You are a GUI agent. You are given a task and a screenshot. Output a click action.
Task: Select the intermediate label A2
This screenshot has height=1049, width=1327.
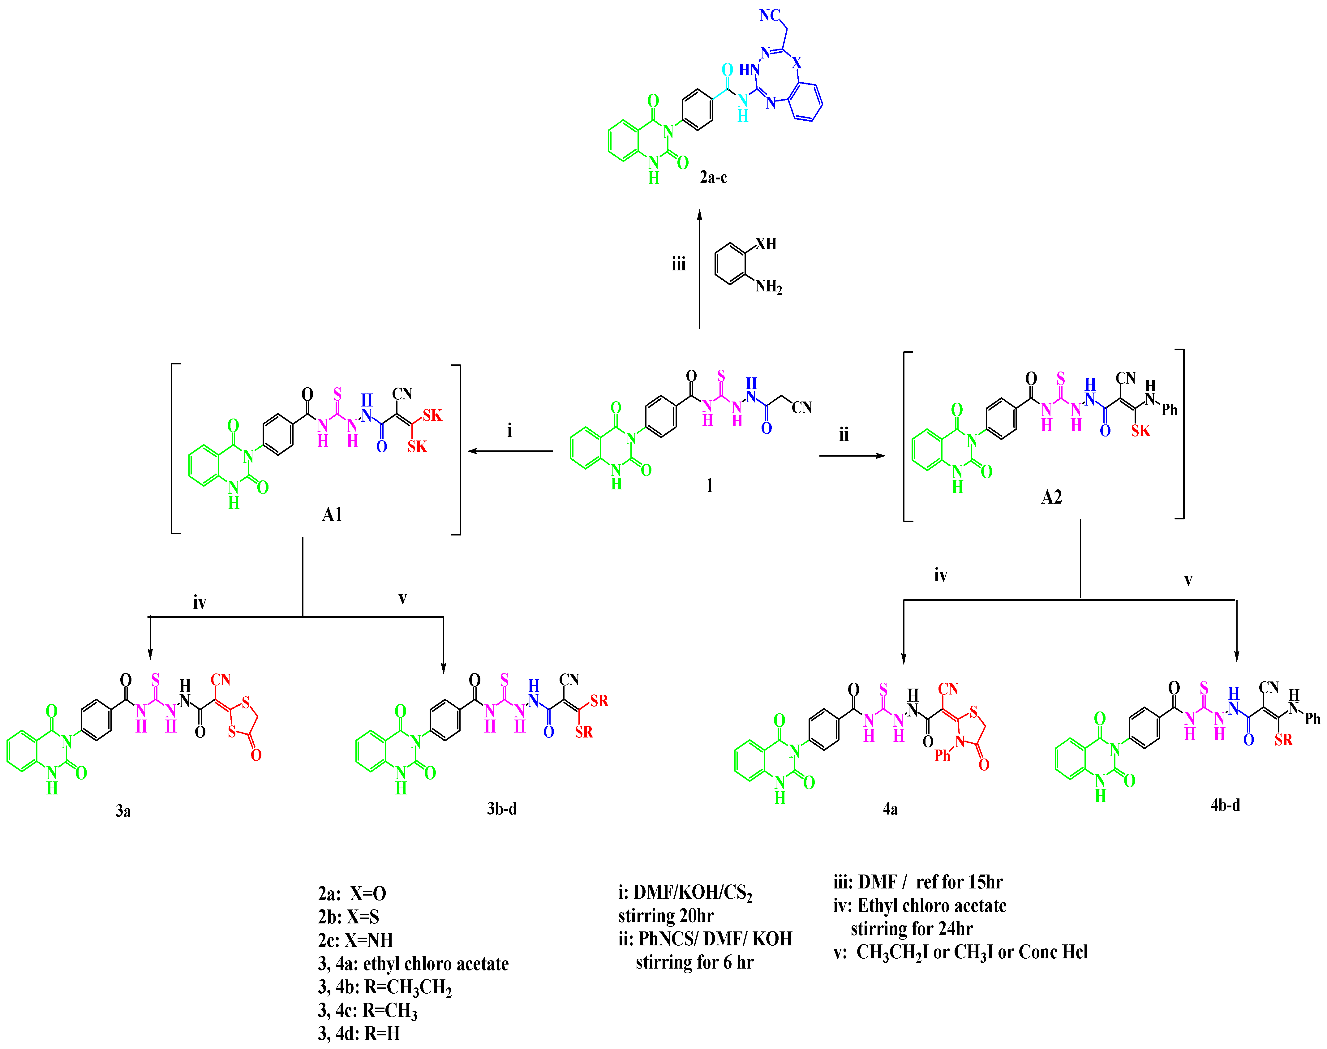tap(1051, 497)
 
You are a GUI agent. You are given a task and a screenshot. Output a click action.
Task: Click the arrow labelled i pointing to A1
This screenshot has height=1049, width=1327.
tap(510, 451)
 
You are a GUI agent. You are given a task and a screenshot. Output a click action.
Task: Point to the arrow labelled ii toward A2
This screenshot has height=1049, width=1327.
tap(852, 456)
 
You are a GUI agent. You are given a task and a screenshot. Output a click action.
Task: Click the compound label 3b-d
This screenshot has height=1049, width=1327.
tap(502, 809)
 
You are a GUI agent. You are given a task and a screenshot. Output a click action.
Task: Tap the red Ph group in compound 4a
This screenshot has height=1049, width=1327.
tap(942, 756)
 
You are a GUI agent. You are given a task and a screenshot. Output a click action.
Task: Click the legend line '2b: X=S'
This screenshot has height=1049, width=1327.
tap(348, 917)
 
